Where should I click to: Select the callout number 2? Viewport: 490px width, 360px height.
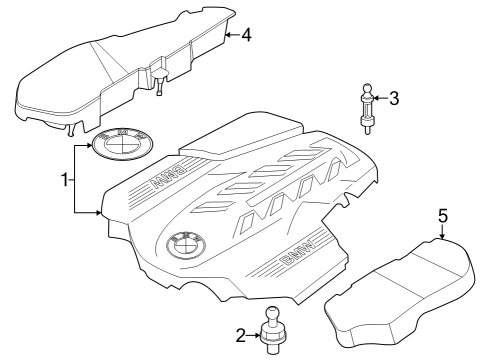(241, 335)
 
